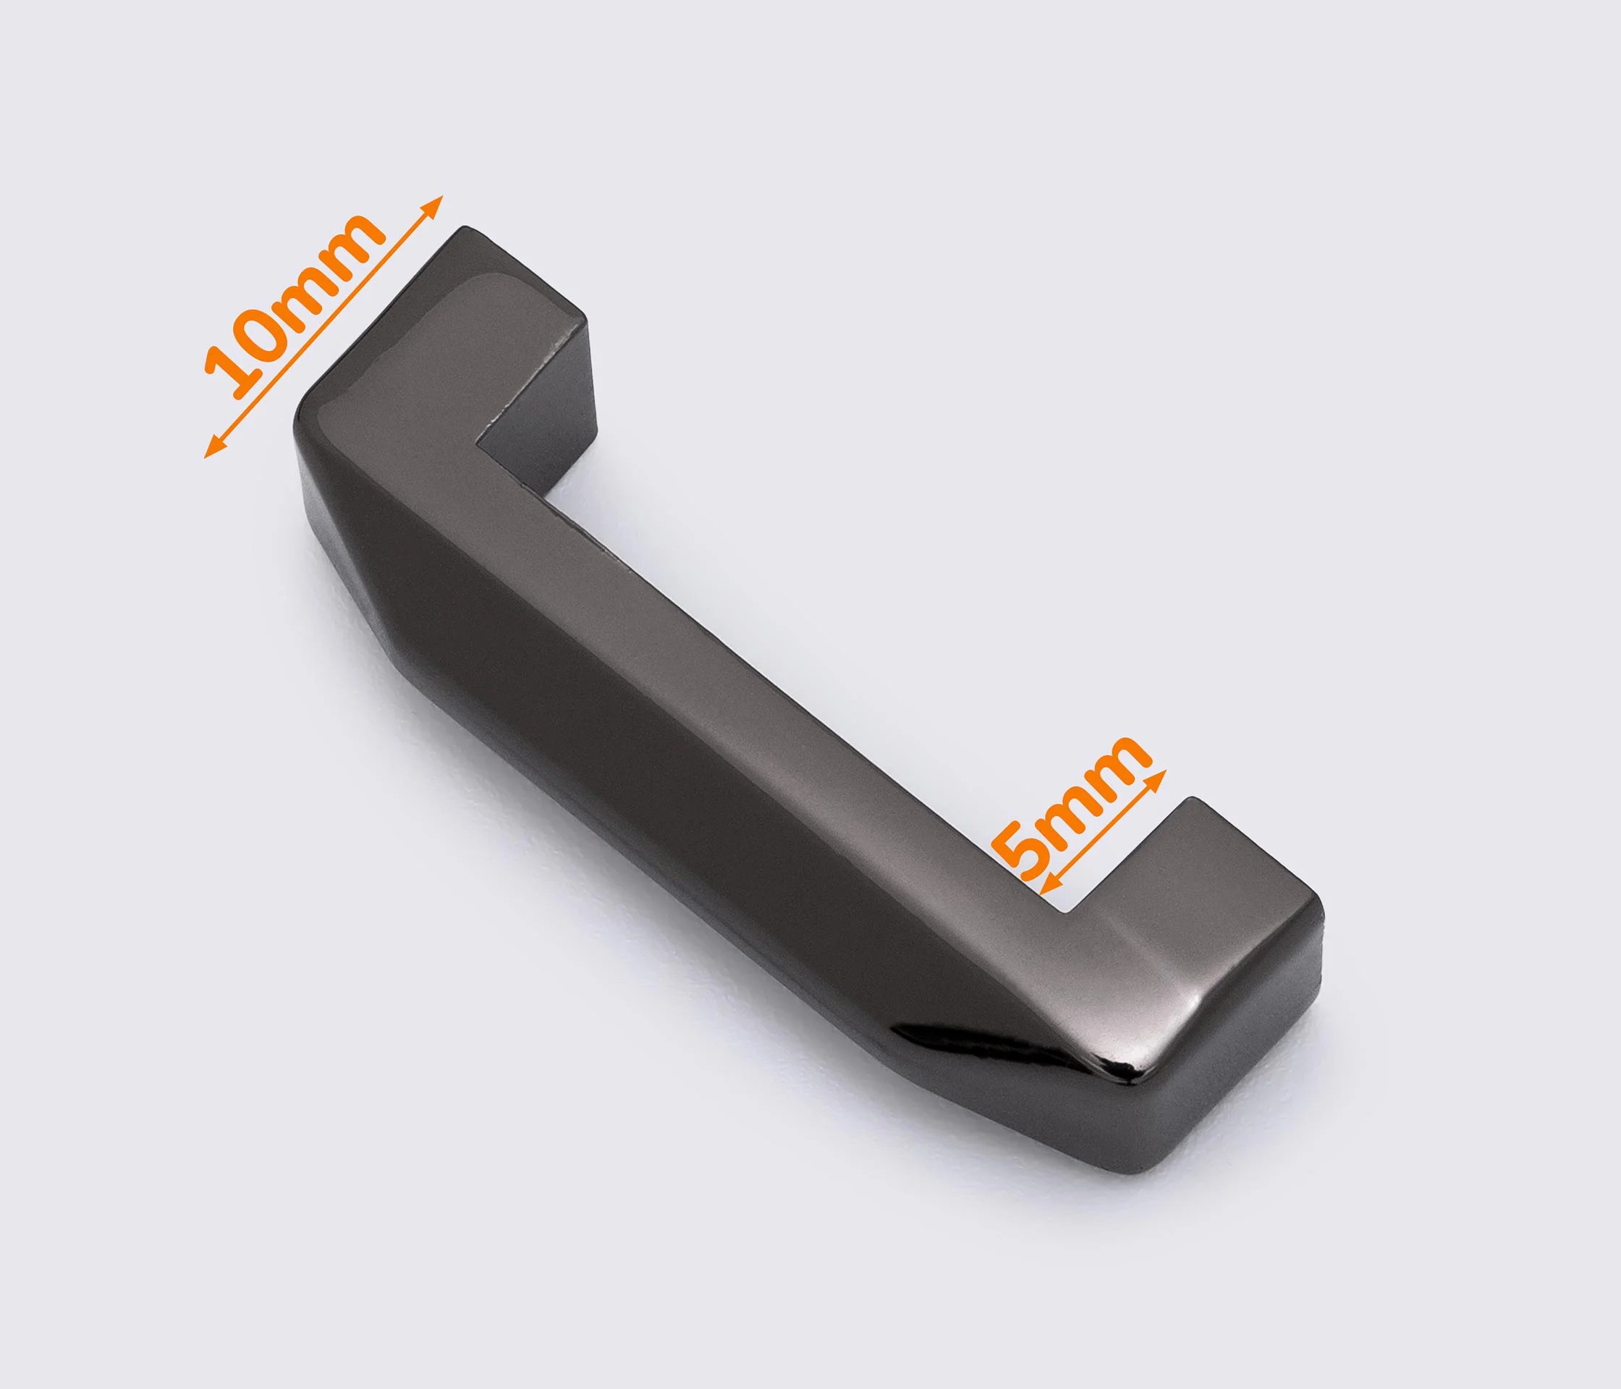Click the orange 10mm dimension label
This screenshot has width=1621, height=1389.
click(294, 305)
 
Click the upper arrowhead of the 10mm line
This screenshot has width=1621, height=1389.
click(434, 204)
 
